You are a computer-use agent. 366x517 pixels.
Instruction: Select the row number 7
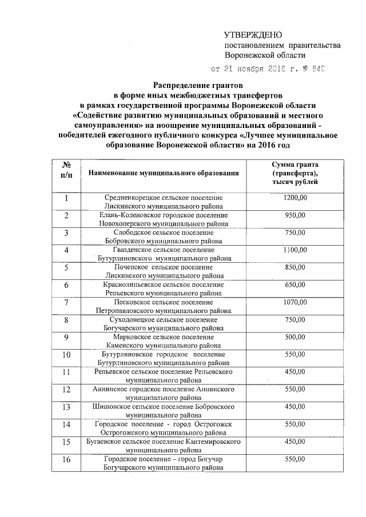point(66,302)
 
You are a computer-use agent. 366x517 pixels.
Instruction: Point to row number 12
point(66,390)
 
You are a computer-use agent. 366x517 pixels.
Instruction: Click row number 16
point(66,460)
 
